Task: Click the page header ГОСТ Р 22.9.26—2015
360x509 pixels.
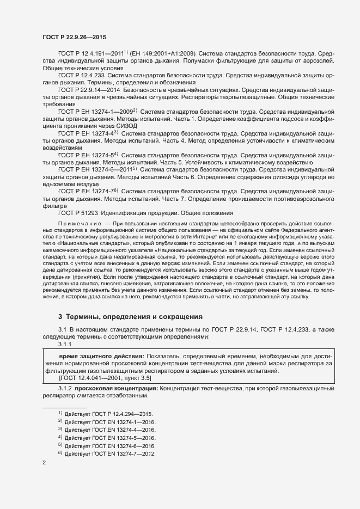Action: tap(74, 37)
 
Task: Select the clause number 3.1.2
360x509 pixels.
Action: tap(65, 389)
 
